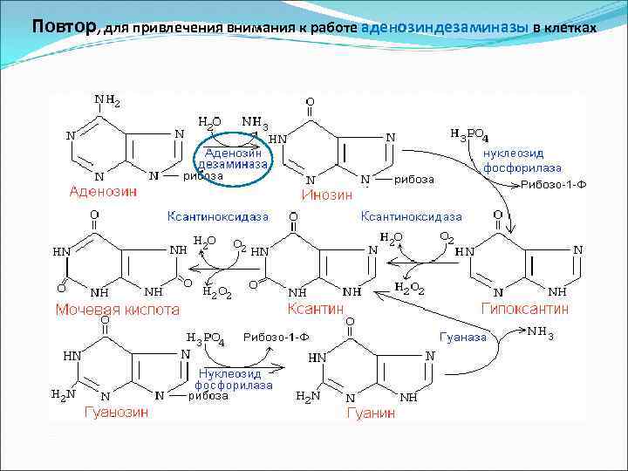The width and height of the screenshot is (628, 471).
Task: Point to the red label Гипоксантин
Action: [525, 308]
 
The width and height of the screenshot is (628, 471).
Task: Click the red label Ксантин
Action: [315, 308]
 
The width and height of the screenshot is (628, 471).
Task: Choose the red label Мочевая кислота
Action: [118, 309]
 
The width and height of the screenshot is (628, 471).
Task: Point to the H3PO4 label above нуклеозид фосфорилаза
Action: [469, 135]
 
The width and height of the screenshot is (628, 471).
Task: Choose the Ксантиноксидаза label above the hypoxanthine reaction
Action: [413, 215]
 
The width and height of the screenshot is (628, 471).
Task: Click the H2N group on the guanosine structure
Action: [64, 393]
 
